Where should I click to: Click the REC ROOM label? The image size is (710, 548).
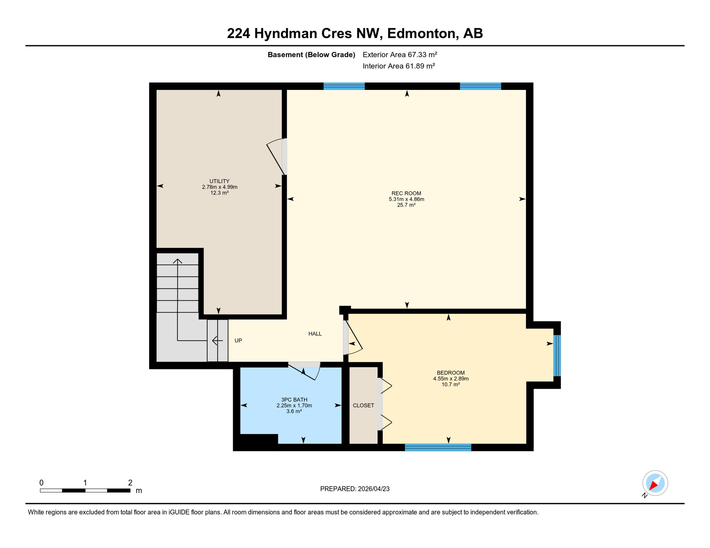click(406, 193)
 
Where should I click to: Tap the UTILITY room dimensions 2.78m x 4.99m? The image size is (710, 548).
click(219, 187)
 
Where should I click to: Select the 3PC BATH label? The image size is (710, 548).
click(294, 400)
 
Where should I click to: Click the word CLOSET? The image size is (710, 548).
click(363, 405)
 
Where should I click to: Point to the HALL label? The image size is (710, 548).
click(315, 334)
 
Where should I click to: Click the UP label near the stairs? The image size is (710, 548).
click(238, 340)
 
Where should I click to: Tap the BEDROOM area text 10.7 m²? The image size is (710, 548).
click(450, 384)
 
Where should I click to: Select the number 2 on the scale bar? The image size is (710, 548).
click(130, 483)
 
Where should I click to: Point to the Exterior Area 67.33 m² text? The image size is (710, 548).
click(400, 55)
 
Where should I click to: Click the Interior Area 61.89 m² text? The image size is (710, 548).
click(399, 66)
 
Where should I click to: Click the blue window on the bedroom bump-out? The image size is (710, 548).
click(557, 355)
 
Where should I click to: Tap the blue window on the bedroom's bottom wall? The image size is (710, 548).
click(438, 447)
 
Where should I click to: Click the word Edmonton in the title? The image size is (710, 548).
click(422, 33)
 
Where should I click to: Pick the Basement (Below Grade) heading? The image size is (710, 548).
click(311, 55)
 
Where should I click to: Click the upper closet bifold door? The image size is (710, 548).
click(386, 386)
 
